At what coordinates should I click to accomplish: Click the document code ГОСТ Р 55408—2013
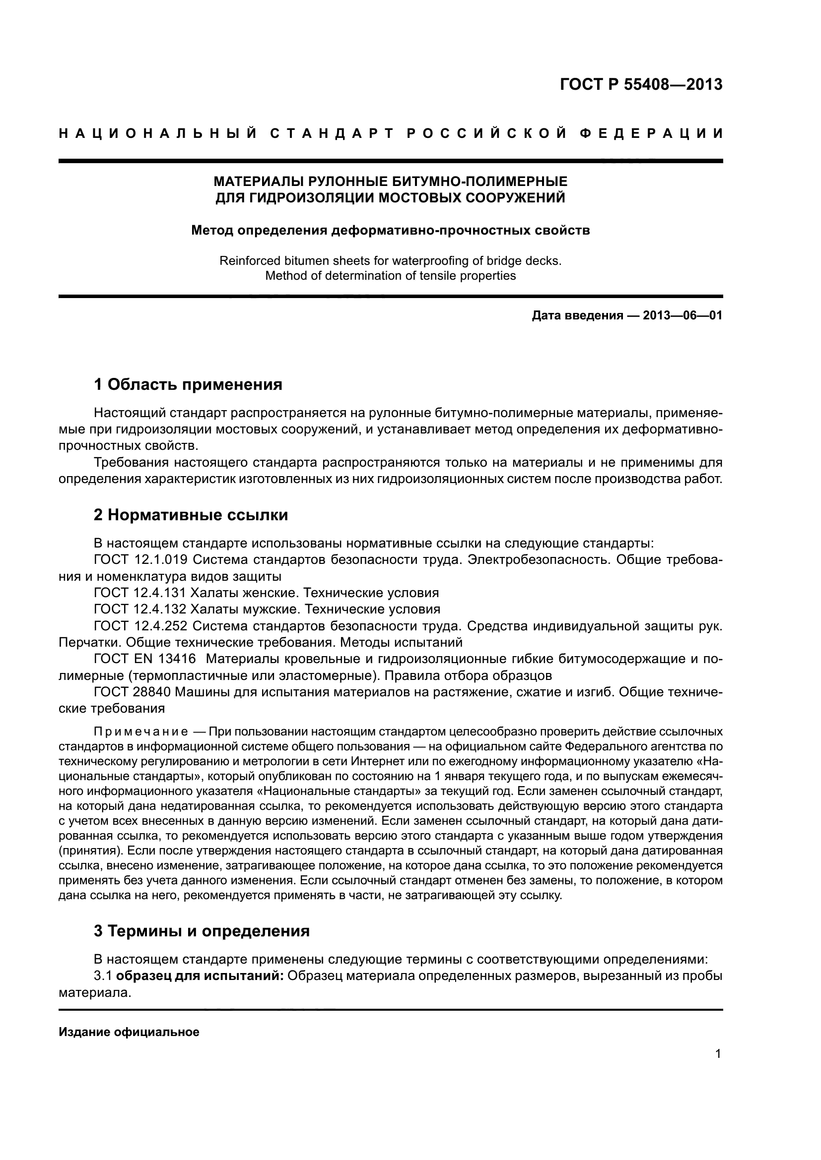point(641,84)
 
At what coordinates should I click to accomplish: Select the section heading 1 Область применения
point(188,384)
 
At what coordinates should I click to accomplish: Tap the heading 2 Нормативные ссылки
point(191,515)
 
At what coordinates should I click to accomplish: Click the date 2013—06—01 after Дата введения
point(682,316)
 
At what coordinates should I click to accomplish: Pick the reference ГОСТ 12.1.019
point(141,560)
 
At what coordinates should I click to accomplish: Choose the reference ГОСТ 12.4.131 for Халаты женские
point(141,593)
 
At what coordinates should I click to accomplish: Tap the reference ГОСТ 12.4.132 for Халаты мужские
point(141,609)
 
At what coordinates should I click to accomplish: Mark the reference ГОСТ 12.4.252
point(141,626)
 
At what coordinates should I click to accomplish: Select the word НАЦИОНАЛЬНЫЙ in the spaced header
point(157,134)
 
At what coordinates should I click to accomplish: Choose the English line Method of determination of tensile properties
point(390,276)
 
